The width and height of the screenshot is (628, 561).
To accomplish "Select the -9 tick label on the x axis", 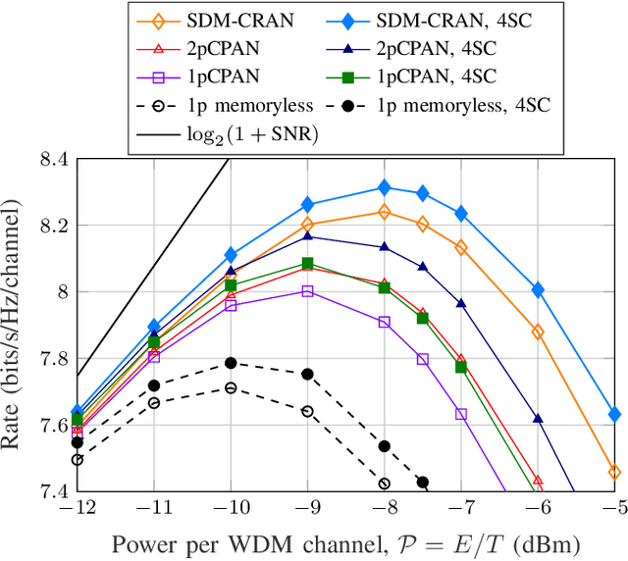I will [306, 511].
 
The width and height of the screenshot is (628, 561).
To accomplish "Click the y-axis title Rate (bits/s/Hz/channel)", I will [14, 324].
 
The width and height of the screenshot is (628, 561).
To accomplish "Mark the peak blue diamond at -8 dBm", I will [384, 187].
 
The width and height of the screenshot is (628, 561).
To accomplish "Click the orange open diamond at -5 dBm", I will [614, 472].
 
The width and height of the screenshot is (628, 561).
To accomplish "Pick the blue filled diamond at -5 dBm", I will [614, 414].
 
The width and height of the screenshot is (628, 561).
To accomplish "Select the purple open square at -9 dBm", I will [307, 291].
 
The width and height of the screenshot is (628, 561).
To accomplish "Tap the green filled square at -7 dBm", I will [461, 367].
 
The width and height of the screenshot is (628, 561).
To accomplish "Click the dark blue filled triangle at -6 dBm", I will [538, 418].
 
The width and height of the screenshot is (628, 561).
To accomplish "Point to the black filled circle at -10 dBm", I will [231, 363].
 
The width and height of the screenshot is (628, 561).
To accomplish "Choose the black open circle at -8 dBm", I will [384, 484].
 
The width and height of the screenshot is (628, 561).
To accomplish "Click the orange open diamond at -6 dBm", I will [538, 332].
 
